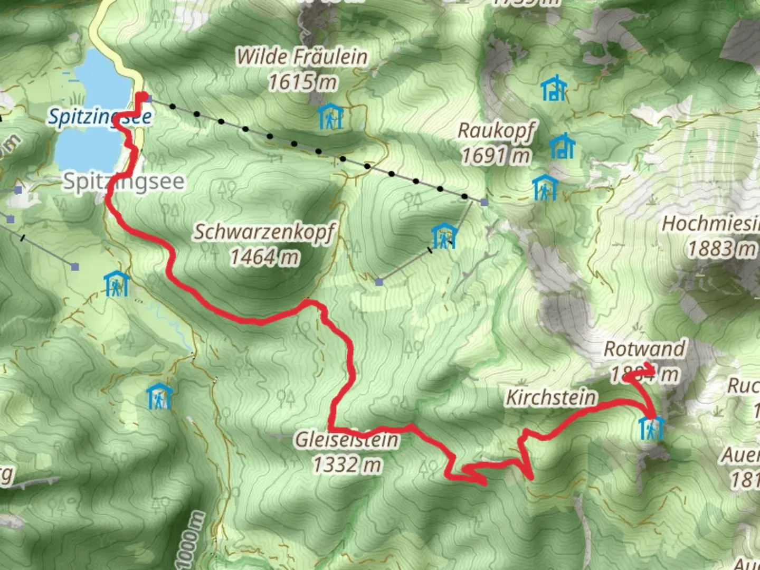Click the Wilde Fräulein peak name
coord(301,57)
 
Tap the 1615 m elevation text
coord(302,82)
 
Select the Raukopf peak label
coord(496,130)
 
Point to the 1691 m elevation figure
coord(496,155)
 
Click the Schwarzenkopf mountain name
coord(264,232)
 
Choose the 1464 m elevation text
coord(264,257)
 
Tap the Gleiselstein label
coord(347,439)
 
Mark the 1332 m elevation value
coord(347,464)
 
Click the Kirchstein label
coord(551,397)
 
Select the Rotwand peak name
coord(644,349)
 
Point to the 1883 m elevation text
coord(721,249)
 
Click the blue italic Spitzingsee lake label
coord(100,117)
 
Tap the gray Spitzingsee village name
coord(124,182)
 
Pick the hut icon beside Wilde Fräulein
coord(330,116)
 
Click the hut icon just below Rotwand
coord(651,427)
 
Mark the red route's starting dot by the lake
coord(141,97)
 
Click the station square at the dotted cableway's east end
coord(484,202)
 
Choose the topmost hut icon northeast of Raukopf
coord(553,88)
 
